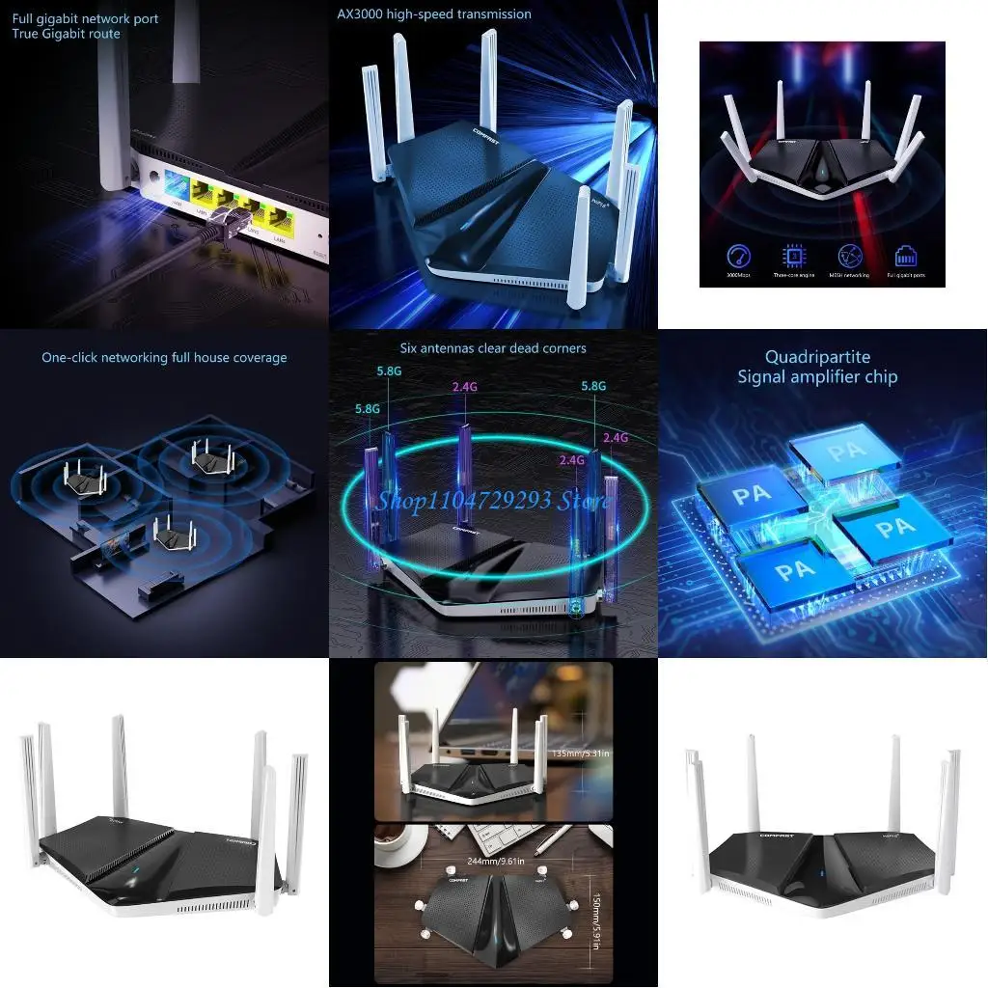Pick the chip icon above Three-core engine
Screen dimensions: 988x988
click(794, 256)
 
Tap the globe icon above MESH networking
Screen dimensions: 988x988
click(849, 256)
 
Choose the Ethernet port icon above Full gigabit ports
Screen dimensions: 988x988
click(906, 256)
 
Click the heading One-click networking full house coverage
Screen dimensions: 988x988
click(164, 358)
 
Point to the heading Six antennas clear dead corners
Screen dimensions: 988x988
click(493, 348)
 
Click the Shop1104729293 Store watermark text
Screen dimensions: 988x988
click(493, 500)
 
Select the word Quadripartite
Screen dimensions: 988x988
click(816, 358)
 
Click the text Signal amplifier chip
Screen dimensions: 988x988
click(816, 377)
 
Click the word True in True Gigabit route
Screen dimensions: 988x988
click(27, 34)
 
